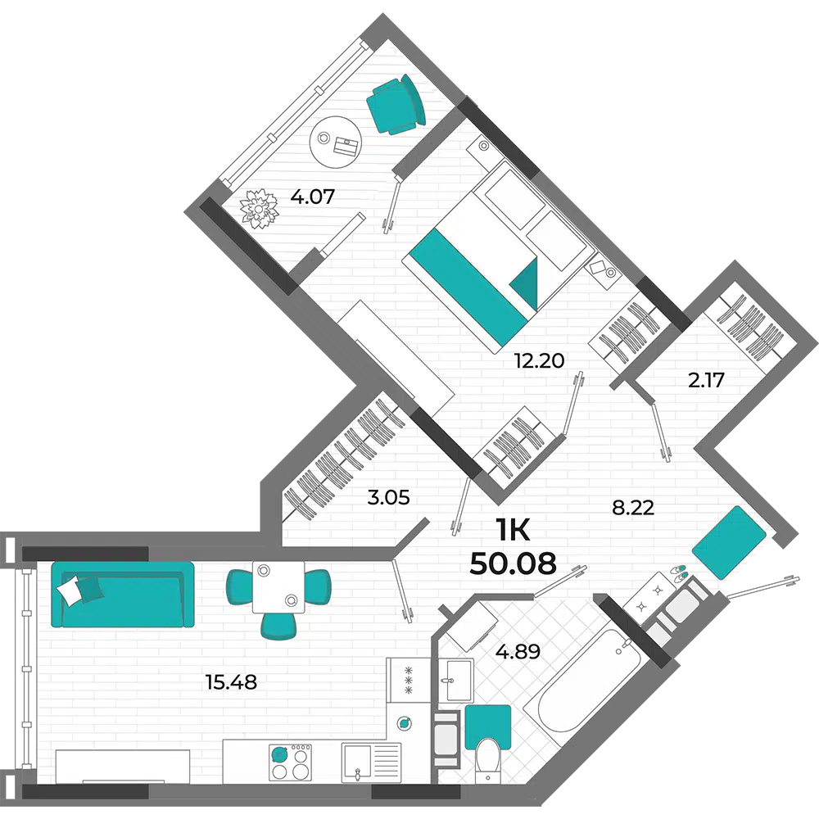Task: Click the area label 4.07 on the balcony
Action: pos(312,197)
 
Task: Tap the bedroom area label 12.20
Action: pos(539,360)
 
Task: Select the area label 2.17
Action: pos(706,380)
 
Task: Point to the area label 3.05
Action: pos(388,498)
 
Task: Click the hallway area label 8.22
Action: pos(633,507)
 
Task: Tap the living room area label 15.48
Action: pos(232,682)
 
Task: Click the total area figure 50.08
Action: pos(513,563)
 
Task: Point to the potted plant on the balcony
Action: pos(259,209)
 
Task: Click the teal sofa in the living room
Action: pos(123,594)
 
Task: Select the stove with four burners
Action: pos(289,762)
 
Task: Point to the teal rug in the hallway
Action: pos(729,541)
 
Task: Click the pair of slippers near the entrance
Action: pos(679,572)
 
